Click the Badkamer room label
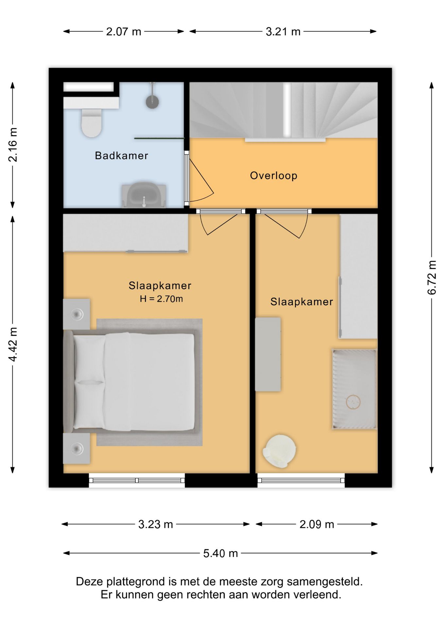[121, 155]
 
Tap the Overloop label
[274, 176]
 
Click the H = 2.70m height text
[161, 299]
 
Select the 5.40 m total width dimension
[220, 553]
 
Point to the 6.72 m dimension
[432, 278]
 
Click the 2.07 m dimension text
[124, 32]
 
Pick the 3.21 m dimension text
[283, 32]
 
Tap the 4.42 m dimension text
[13, 344]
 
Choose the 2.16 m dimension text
[13, 145]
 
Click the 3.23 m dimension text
[155, 524]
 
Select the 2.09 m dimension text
[317, 524]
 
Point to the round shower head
[152, 101]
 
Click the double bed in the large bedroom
[132, 381]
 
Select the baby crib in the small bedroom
[354, 389]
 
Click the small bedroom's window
[301, 480]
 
